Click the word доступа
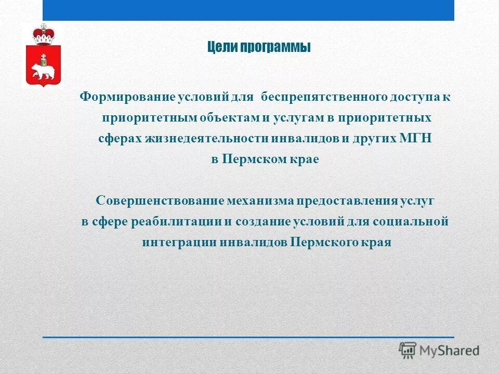coord(404,97)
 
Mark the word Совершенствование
coord(160,201)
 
